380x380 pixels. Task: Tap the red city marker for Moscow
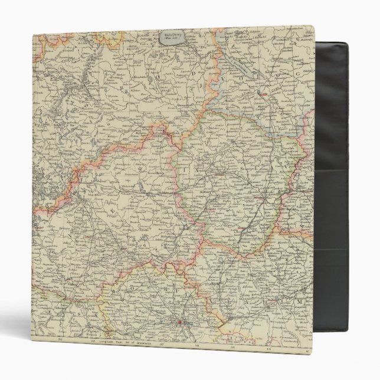pyautogui.click(x=181, y=323)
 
